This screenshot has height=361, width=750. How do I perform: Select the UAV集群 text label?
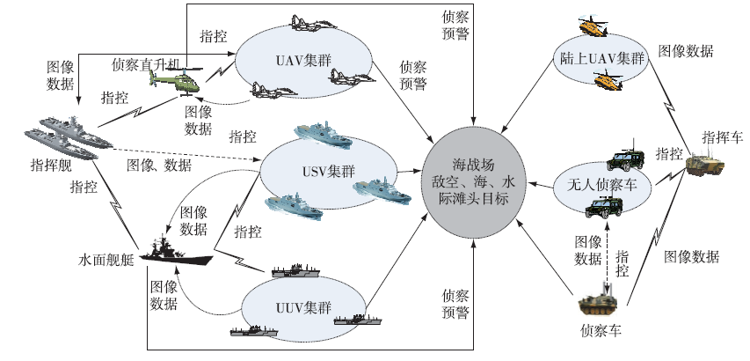[290, 61]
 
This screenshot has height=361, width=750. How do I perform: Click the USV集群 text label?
[311, 170]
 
